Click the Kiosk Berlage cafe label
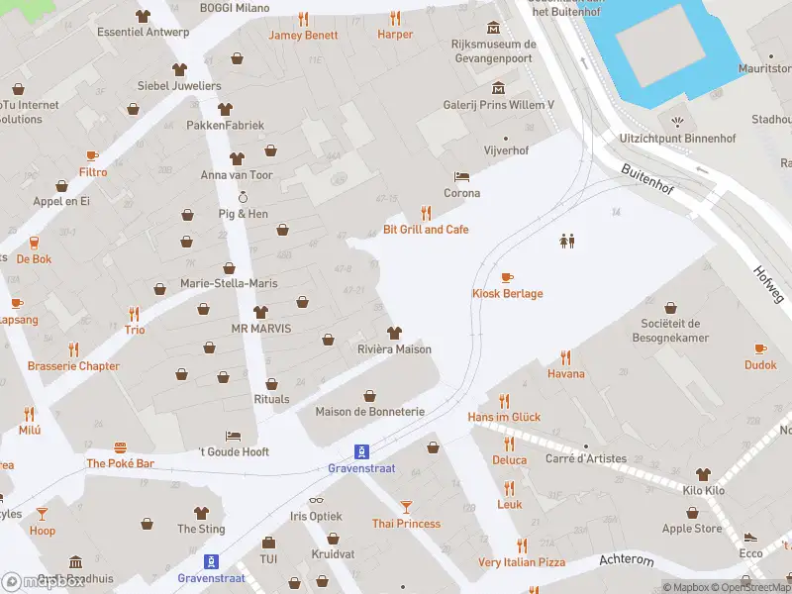tap(506, 294)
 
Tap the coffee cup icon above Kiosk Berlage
tap(507, 277)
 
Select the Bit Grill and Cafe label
tap(426, 230)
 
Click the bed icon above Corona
tap(461, 177)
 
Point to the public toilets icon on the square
tap(567, 241)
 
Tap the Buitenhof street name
tap(647, 182)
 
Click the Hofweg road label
tap(767, 283)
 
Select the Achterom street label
tap(627, 560)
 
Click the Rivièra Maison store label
tap(393, 349)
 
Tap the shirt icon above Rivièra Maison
tap(394, 333)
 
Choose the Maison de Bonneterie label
tap(369, 412)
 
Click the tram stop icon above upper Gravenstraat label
tap(362, 449)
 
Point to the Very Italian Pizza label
tap(522, 562)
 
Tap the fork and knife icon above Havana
tap(566, 357)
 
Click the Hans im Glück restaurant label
tap(504, 418)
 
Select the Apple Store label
tap(692, 529)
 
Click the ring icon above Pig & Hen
tap(243, 197)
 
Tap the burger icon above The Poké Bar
tap(121, 447)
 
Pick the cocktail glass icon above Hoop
tap(42, 514)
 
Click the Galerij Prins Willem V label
tap(498, 105)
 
